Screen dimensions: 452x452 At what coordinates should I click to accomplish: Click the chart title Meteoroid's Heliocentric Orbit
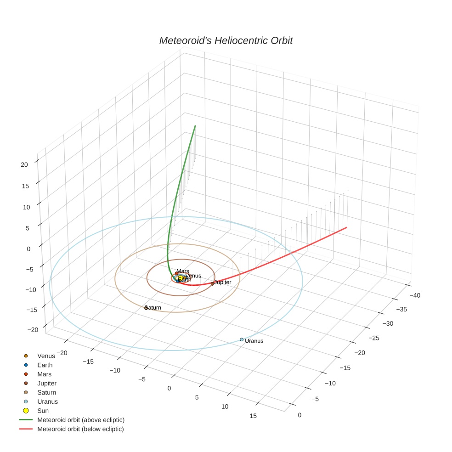tap(226, 40)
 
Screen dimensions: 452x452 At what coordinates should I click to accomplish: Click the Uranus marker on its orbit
tap(242, 339)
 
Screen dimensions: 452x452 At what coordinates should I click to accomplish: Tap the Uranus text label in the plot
tap(254, 341)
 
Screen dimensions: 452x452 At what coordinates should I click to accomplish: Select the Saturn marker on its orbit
tap(146, 308)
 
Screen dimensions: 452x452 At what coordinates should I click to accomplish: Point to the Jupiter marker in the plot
tap(212, 283)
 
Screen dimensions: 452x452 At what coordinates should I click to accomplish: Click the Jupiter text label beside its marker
tap(223, 282)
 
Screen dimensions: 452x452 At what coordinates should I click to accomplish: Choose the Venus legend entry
tap(46, 356)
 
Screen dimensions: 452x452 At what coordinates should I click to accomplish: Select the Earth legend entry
tap(45, 365)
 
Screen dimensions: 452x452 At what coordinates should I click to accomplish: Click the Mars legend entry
tap(45, 374)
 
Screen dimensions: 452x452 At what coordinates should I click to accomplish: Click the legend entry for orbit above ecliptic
tap(81, 420)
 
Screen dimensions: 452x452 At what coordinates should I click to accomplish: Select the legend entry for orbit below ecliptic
tap(80, 429)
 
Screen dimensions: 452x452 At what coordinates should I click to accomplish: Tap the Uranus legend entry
tap(48, 401)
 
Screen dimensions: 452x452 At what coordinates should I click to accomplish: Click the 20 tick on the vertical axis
tap(24, 164)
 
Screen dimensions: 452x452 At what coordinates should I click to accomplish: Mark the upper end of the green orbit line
tap(195, 125)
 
